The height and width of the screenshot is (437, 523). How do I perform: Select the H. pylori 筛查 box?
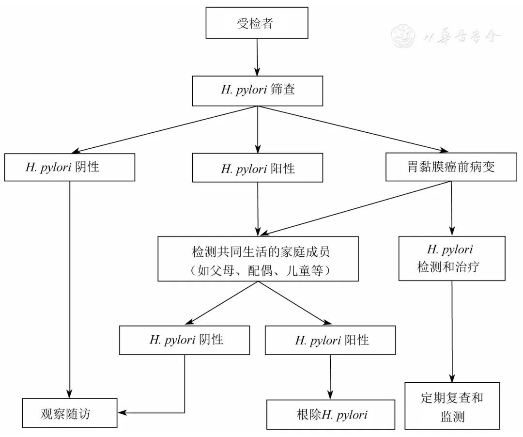pyautogui.click(x=257, y=91)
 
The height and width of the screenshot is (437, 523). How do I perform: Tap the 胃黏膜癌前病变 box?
pyautogui.click(x=451, y=167)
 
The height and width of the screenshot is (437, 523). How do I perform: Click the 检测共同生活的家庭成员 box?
pyautogui.click(x=258, y=258)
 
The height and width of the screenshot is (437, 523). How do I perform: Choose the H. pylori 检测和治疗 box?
pyautogui.click(x=451, y=258)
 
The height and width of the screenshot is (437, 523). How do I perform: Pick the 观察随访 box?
pyautogui.click(x=70, y=413)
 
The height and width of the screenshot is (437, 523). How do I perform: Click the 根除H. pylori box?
pyautogui.click(x=331, y=414)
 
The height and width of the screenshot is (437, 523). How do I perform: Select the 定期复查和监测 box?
pyautogui.click(x=452, y=406)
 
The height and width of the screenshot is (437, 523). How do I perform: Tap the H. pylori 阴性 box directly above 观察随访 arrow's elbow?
pyautogui.click(x=185, y=340)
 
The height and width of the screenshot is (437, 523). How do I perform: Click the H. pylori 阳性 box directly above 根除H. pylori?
pyautogui.click(x=330, y=340)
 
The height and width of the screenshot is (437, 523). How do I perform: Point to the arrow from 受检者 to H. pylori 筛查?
pyautogui.click(x=257, y=57)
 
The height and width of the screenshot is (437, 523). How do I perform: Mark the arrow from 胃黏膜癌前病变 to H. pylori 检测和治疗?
pyautogui.click(x=451, y=208)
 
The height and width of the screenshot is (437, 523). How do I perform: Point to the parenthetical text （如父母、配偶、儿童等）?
pyautogui.click(x=258, y=271)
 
